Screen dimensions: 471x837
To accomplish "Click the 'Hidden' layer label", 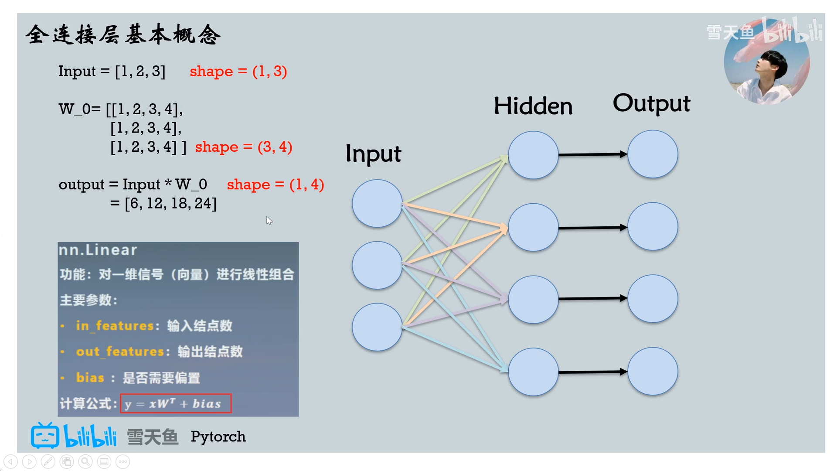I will [x=533, y=106].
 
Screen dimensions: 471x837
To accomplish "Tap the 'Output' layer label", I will [x=651, y=104].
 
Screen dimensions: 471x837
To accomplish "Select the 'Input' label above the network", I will [x=373, y=154].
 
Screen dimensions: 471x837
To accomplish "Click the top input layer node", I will [x=377, y=203].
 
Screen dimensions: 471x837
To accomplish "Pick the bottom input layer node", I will [x=377, y=327].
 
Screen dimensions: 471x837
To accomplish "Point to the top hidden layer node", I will [x=533, y=155].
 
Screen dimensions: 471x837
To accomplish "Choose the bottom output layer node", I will [x=653, y=371].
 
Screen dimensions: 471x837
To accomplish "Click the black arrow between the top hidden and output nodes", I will [x=592, y=154].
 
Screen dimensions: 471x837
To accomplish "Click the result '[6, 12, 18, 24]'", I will [x=170, y=203].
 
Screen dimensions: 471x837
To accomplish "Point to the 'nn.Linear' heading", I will [x=98, y=250].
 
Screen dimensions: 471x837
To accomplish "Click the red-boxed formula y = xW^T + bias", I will [x=176, y=404].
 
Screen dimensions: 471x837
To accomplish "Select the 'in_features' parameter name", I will [x=115, y=326].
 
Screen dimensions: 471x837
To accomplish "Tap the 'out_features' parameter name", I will [x=120, y=352].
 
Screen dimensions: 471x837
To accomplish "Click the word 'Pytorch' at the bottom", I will [x=218, y=437].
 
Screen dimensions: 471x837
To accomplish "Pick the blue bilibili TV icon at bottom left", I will [x=45, y=436].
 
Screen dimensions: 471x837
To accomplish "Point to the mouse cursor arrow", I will [x=269, y=220].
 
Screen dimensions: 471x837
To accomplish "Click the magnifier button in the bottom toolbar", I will [x=85, y=461].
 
